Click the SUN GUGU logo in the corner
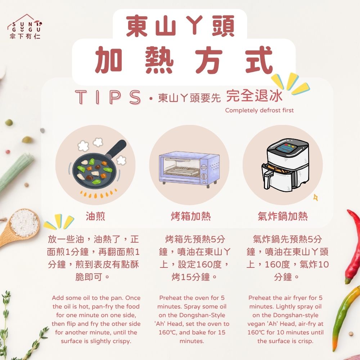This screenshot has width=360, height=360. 25,27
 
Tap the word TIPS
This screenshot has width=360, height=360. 108,97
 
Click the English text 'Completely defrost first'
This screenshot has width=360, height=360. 259,111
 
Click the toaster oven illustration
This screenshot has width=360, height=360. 189,169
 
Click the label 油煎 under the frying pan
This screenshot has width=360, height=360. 95,216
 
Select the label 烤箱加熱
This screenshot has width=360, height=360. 190,216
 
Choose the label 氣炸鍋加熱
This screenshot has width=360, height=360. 282,216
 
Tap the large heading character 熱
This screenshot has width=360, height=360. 159,60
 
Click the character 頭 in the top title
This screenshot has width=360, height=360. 223,26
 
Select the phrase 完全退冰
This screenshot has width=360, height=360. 254,96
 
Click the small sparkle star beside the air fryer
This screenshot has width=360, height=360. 316,197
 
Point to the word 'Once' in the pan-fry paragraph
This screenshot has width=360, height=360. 133,298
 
